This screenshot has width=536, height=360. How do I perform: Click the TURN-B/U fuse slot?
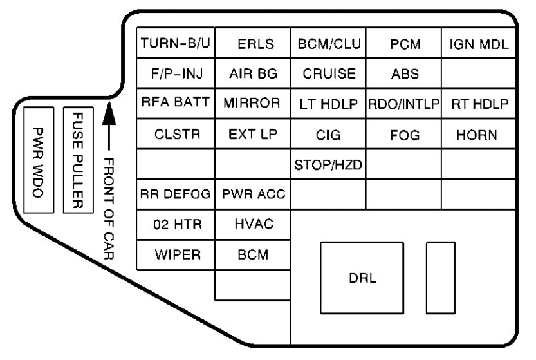pyautogui.click(x=175, y=44)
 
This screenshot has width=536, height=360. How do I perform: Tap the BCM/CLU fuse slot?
pyautogui.click(x=328, y=44)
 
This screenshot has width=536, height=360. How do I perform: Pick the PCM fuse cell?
pyautogui.click(x=404, y=44)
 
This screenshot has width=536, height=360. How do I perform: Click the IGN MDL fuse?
pyautogui.click(x=479, y=44)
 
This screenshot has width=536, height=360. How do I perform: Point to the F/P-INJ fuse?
pyautogui.click(x=175, y=74)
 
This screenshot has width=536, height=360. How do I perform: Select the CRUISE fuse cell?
pyautogui.click(x=328, y=74)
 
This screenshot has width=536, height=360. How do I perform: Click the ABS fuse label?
pyautogui.click(x=404, y=74)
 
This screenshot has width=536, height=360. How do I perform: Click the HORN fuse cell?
pyautogui.click(x=479, y=135)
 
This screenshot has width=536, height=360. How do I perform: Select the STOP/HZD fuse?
pyautogui.click(x=328, y=165)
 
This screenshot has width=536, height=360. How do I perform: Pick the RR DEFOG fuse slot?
pyautogui.click(x=175, y=194)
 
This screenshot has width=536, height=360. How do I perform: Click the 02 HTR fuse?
pyautogui.click(x=175, y=224)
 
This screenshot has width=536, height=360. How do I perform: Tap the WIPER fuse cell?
pyautogui.click(x=175, y=254)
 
